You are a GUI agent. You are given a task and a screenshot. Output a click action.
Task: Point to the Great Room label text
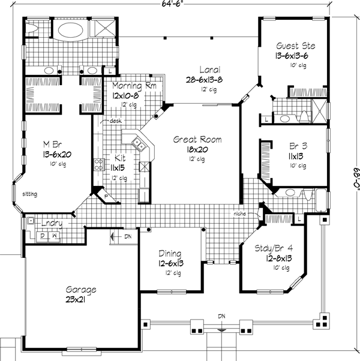pyautogui.click(x=197, y=140)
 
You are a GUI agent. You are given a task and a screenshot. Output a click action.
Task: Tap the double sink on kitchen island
pyautogui.click(x=137, y=144)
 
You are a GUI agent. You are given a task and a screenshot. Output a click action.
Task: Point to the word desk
pyautogui.click(x=116, y=121)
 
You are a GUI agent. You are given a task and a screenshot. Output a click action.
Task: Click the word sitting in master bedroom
pyautogui.click(x=31, y=195)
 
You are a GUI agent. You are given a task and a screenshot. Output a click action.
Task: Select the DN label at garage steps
pyautogui.click(x=128, y=237)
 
